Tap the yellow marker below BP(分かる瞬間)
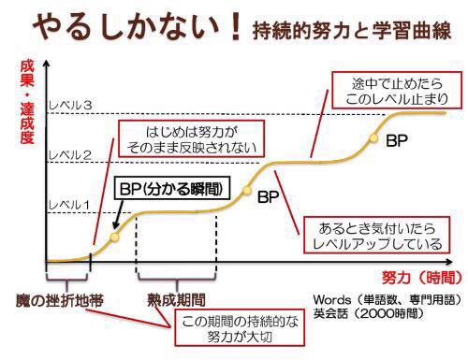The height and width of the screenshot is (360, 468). (114, 236)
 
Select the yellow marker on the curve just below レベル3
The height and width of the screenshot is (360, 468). (372, 137)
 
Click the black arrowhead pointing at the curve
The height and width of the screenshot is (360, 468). (112, 227)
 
